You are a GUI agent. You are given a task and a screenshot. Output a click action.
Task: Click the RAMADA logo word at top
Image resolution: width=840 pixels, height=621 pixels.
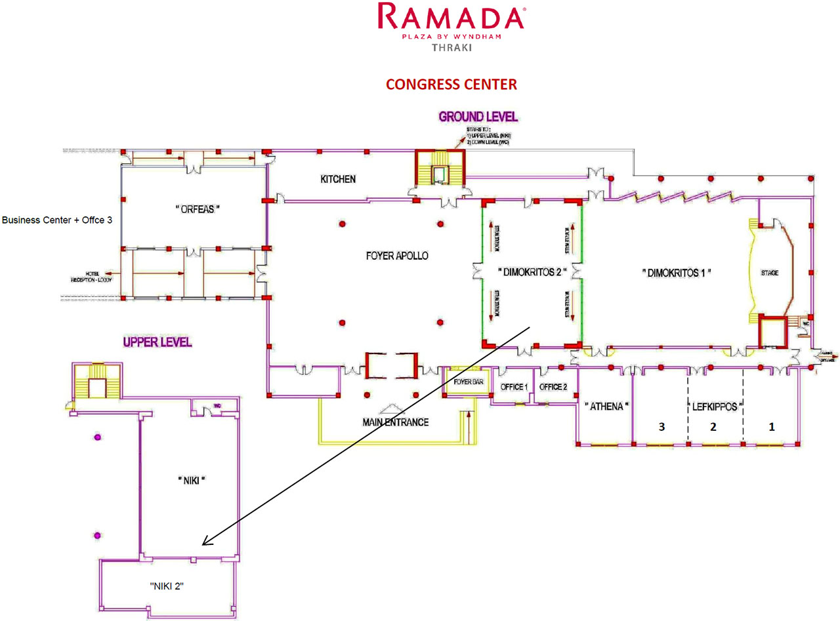pyautogui.click(x=451, y=17)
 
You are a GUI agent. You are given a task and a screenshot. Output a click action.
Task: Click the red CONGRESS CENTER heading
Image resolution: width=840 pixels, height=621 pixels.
pyautogui.click(x=451, y=85)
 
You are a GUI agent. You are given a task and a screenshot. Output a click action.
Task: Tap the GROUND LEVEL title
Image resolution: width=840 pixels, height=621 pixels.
pyautogui.click(x=478, y=117)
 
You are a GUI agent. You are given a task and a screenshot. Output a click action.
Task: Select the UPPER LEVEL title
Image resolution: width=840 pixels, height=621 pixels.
pyautogui.click(x=157, y=342)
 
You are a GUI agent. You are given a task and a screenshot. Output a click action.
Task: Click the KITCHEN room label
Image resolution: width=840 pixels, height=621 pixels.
pyautogui.click(x=338, y=178)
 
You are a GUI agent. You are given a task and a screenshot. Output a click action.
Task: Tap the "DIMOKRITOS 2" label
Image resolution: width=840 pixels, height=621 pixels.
pyautogui.click(x=532, y=271)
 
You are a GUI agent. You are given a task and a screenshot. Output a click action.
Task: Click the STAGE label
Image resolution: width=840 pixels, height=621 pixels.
pyautogui.click(x=770, y=272)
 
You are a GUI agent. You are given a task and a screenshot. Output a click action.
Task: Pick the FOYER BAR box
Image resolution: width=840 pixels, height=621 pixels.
pyautogui.click(x=468, y=381)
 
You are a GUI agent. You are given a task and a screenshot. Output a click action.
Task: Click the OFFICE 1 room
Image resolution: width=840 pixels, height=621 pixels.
pyautogui.click(x=514, y=387)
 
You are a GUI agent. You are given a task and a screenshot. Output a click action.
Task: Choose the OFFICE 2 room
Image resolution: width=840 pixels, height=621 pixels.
pyautogui.click(x=553, y=387)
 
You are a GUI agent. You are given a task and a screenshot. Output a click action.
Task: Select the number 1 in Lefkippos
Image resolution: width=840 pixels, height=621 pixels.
pyautogui.click(x=772, y=426)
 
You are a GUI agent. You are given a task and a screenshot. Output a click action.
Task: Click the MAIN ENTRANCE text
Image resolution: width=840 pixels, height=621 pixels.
pyautogui.click(x=395, y=422)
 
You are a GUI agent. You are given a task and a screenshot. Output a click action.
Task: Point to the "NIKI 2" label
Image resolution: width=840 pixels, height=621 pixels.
pyautogui.click(x=167, y=586)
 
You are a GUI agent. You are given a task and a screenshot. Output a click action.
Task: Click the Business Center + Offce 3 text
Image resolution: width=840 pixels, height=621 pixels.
pyautogui.click(x=57, y=220)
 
